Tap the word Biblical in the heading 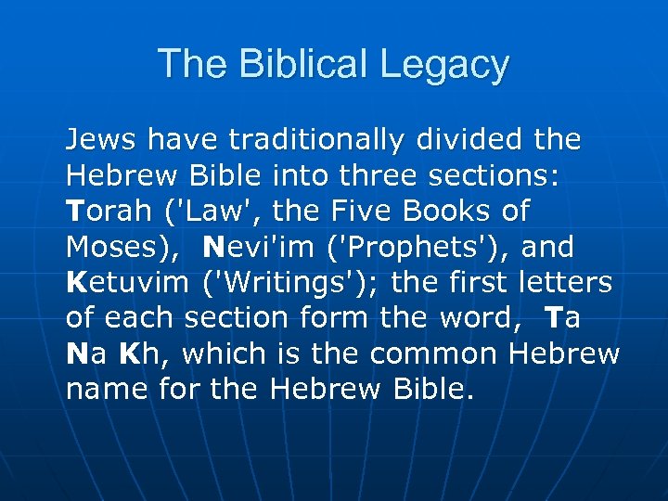(x=289, y=65)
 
